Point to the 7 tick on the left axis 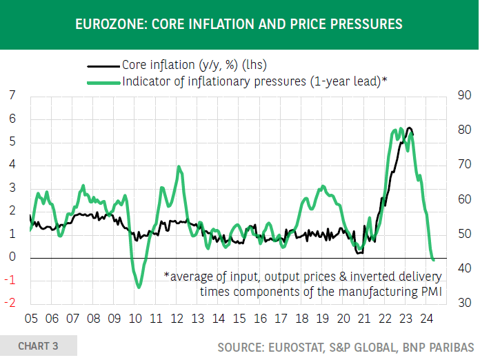12,96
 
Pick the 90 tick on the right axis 463,96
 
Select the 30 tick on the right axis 463,303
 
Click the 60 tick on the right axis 463,200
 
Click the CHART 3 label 38,346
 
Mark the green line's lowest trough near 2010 139,286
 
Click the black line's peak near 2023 410,128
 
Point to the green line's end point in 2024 433,259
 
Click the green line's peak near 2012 179,166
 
